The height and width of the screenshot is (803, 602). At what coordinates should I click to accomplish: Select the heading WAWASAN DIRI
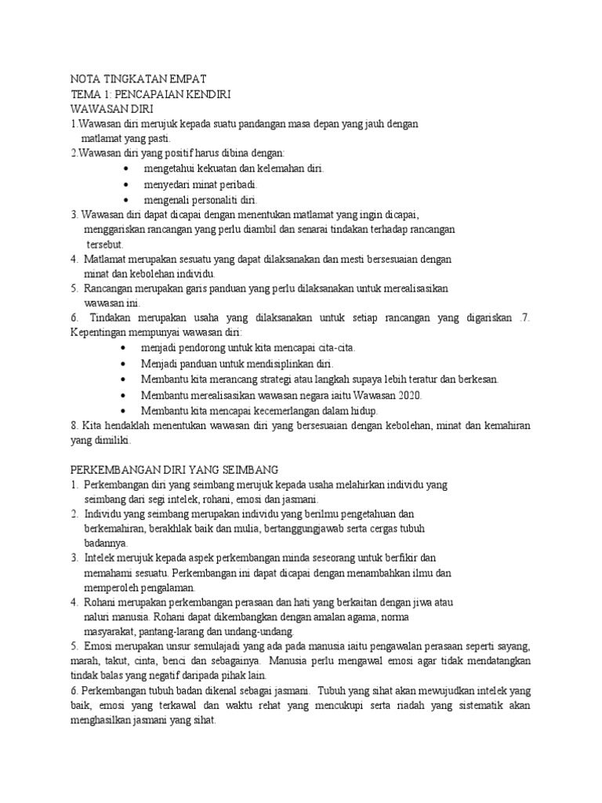[112, 109]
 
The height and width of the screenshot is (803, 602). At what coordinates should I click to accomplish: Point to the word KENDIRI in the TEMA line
[205, 94]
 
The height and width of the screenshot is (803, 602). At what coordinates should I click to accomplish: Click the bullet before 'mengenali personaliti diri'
[127, 199]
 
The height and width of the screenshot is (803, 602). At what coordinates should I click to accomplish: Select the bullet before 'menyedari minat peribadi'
[127, 184]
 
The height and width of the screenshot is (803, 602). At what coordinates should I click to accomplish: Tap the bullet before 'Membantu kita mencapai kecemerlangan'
[127, 410]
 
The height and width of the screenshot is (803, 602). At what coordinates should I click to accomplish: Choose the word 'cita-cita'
[342, 349]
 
